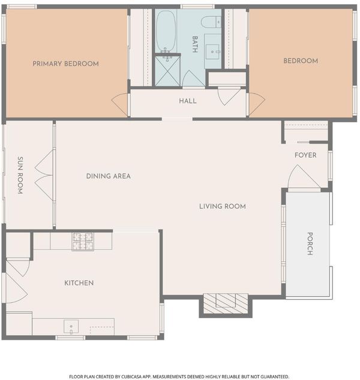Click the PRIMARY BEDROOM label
65,64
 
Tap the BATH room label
195,44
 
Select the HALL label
188,101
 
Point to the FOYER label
305,155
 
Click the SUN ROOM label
20,175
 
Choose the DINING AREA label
109,176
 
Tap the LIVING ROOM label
223,207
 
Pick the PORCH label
310,244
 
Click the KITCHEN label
79,283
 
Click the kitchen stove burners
83,241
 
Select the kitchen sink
71,327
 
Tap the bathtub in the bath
166,31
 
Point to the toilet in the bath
211,22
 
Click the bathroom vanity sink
212,52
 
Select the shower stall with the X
167,71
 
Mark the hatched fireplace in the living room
226,304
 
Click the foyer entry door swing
304,176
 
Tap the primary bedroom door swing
119,104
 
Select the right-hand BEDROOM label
301,61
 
